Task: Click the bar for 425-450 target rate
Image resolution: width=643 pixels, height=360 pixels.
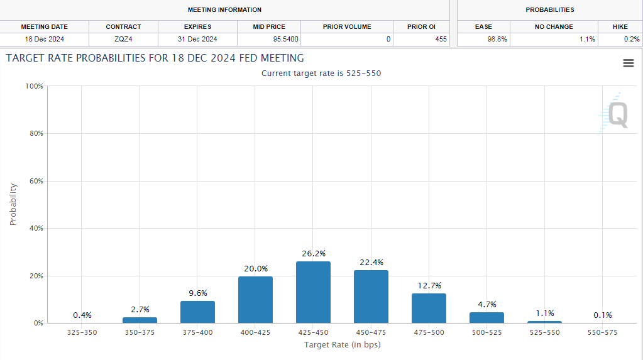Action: click(x=313, y=292)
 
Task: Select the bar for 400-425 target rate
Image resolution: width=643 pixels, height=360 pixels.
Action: click(x=255, y=300)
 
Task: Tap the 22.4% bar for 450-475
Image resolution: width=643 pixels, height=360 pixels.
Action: click(x=371, y=297)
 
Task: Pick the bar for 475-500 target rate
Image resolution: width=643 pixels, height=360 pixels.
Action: click(x=429, y=308)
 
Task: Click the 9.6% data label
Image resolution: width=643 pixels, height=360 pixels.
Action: click(x=197, y=293)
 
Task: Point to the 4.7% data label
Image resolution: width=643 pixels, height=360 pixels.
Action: click(x=486, y=304)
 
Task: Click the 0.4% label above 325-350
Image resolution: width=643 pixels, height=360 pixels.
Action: click(x=82, y=315)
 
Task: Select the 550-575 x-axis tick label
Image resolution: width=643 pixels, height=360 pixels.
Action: click(x=602, y=332)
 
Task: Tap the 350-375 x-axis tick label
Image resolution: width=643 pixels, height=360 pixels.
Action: click(x=140, y=332)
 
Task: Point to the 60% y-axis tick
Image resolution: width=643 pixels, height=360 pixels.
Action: click(x=35, y=181)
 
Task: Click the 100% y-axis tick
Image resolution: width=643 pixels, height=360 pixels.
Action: click(x=33, y=86)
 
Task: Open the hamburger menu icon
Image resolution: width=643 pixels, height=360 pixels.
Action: click(x=628, y=63)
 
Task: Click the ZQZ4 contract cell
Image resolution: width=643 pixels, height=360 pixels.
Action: click(x=123, y=39)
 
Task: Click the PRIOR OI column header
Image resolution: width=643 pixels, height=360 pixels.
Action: click(x=420, y=27)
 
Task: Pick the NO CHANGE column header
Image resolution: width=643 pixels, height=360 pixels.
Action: click(x=554, y=27)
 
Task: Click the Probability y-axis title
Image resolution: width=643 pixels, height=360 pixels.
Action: click(x=13, y=204)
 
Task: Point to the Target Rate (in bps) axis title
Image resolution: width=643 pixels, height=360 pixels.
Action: click(x=342, y=345)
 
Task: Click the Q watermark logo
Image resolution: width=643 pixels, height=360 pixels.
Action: click(x=617, y=115)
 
